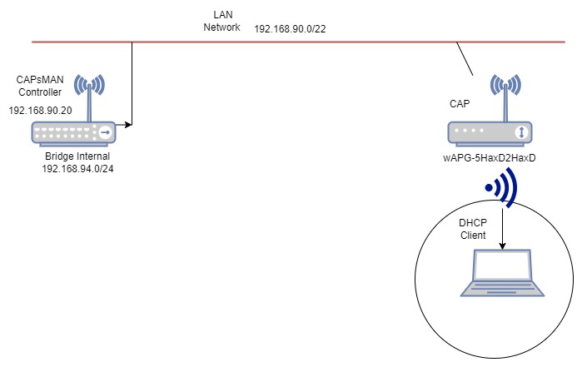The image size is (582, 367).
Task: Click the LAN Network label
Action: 221,21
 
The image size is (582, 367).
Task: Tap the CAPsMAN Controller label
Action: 40,86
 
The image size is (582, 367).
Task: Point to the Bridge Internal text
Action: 77,156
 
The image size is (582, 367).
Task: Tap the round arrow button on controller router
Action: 106,133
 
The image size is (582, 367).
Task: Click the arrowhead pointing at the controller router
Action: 127,125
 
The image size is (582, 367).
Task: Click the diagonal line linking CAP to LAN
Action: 464,59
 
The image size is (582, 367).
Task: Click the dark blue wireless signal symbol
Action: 502,187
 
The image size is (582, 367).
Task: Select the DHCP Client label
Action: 472,230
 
